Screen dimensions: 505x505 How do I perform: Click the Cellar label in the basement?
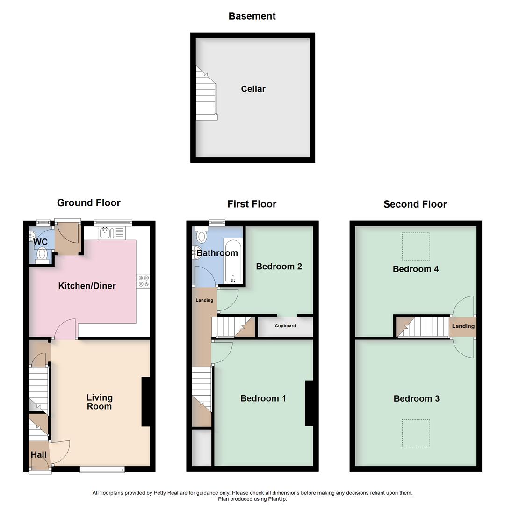[253, 89]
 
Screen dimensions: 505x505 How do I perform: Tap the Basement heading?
[252, 16]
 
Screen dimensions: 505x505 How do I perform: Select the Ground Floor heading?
[89, 203]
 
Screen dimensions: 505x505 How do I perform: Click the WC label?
[40, 242]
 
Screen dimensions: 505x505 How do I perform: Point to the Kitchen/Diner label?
[87, 286]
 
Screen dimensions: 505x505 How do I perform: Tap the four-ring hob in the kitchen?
[143, 281]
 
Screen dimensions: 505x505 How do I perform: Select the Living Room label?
[99, 402]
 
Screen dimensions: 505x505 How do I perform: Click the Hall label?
[39, 454]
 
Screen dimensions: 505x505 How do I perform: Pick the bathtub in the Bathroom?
[232, 262]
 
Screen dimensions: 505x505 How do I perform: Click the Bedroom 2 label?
[279, 267]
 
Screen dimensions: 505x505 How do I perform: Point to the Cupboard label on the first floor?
[285, 326]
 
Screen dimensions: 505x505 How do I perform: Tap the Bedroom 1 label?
[263, 398]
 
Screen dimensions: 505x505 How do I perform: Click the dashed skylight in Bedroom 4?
[416, 246]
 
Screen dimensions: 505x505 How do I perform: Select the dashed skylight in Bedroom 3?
[416, 433]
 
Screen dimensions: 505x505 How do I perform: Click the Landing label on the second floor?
[463, 326]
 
